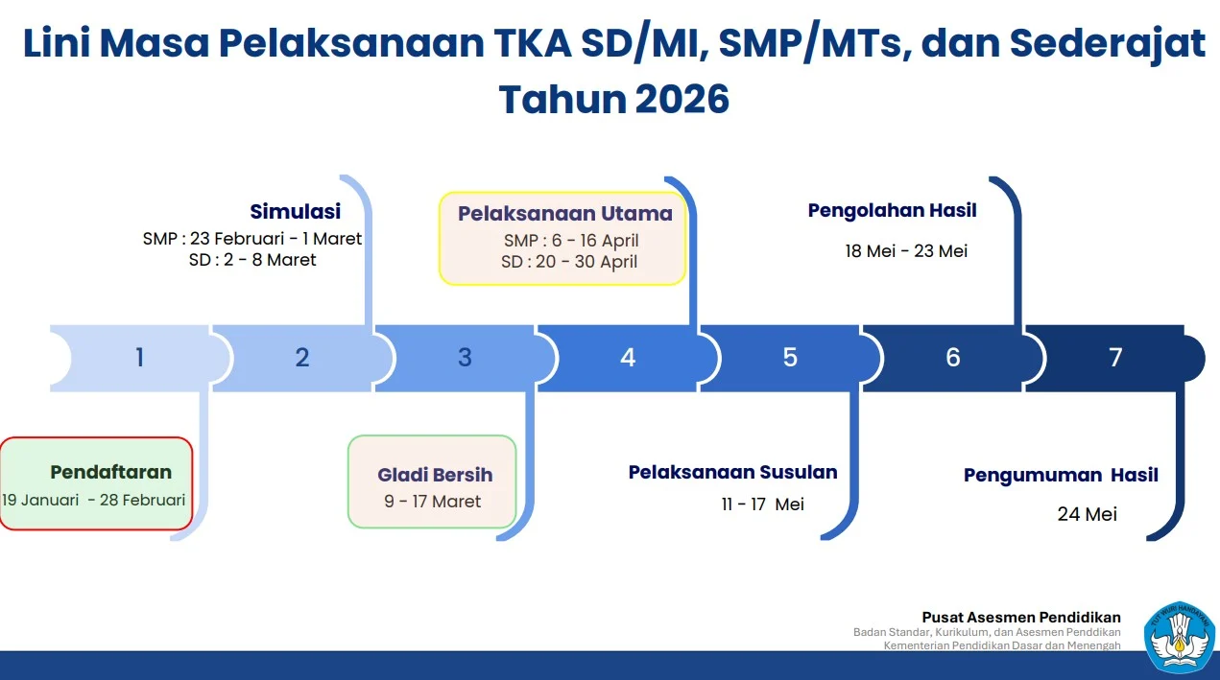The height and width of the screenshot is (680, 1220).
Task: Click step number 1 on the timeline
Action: click(140, 358)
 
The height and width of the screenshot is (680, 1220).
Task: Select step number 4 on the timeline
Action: click(628, 358)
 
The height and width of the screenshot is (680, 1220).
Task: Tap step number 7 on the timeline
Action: click(1115, 358)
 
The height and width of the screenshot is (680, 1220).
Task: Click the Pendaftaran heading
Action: click(111, 472)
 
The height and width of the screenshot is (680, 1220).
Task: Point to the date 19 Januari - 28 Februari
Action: click(93, 500)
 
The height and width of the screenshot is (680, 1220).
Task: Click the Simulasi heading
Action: click(296, 212)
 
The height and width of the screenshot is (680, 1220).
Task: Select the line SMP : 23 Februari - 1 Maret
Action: click(252, 239)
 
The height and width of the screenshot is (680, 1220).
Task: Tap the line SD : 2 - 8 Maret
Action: click(252, 260)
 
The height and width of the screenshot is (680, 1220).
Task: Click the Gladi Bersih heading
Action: click(435, 475)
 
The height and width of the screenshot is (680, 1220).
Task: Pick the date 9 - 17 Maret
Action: click(433, 502)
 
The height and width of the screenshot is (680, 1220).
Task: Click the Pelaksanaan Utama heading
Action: click(565, 214)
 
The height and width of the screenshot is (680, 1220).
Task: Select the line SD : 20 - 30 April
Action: click(569, 262)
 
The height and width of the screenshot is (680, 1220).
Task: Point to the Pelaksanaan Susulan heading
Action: click(732, 472)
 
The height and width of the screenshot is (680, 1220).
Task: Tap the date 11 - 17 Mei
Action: click(763, 504)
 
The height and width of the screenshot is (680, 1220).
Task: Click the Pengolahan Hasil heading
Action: click(893, 211)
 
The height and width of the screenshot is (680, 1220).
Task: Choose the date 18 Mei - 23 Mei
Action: click(906, 251)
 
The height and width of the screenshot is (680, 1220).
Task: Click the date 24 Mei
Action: click(1088, 514)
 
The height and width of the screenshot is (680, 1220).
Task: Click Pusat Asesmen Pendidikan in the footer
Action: click(1021, 618)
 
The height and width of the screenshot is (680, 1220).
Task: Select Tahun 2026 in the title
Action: click(614, 100)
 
